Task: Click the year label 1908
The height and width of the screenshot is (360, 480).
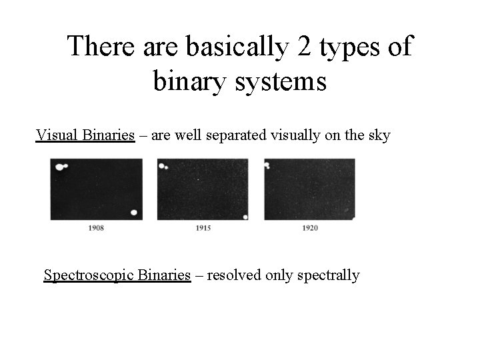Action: coord(96,229)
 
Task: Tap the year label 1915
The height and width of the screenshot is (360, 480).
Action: coord(203,229)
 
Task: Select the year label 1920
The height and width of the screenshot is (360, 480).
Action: coord(310,229)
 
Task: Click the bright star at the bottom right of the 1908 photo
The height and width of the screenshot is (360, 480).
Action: coord(134,213)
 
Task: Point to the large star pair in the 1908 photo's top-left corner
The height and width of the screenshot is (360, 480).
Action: coord(61,167)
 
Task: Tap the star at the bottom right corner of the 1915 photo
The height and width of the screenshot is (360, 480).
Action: coord(245,217)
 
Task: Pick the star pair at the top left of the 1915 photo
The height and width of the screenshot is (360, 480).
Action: coord(163,166)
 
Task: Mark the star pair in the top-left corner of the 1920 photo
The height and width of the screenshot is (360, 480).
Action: coord(267,165)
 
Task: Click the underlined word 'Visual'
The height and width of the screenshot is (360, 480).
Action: coord(58,135)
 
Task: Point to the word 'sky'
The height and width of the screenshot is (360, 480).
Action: coord(378,135)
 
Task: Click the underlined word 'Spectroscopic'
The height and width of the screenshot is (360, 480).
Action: coord(89,275)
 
